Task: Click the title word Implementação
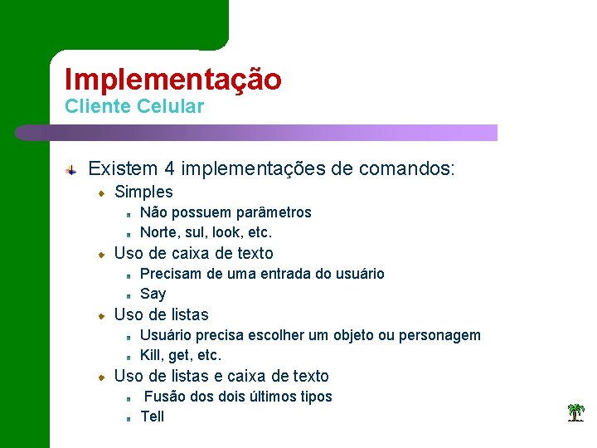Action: click(172, 80)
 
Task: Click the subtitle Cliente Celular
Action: click(133, 107)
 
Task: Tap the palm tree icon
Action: click(575, 412)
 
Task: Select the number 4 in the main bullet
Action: click(169, 169)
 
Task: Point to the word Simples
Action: click(143, 192)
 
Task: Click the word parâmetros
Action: click(274, 212)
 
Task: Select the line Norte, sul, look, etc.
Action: click(206, 232)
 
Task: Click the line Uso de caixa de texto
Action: click(193, 253)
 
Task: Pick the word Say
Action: click(153, 294)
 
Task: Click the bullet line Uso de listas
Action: click(161, 314)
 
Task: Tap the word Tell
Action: click(153, 416)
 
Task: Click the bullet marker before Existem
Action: click(73, 170)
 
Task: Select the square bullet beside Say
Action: click(130, 295)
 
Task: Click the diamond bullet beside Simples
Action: click(101, 193)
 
